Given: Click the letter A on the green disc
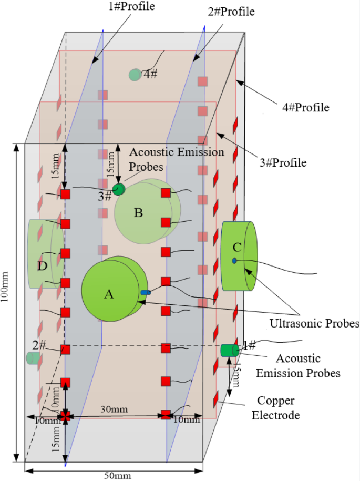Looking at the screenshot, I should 109,295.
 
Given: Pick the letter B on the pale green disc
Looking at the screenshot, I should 138,213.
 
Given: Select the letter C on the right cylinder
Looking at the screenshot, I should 237,247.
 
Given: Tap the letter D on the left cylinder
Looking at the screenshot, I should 42,267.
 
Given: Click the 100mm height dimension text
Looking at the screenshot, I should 7,302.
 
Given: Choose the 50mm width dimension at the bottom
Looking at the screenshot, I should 116,475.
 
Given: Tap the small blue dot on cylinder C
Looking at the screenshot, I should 234,261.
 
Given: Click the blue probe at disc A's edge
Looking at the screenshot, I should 146,292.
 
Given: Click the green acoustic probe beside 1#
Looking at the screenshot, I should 229,350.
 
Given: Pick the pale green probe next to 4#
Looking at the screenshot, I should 135,75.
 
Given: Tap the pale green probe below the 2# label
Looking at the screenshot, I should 33,358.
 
